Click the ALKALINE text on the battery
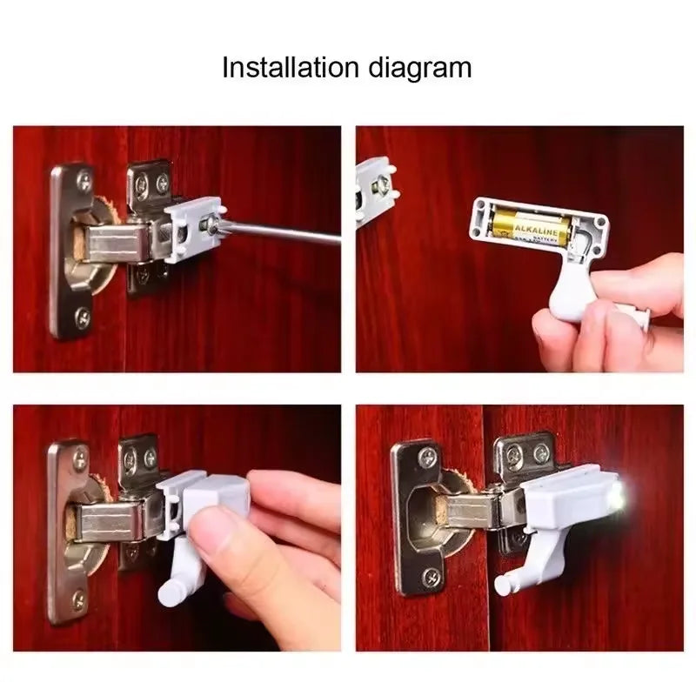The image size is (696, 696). point(537,229)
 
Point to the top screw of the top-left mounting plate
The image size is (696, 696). point(84,182)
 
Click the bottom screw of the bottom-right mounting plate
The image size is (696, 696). point(432,577)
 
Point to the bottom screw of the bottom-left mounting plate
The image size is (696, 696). point(79,598)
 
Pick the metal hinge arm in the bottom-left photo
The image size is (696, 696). point(109,522)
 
